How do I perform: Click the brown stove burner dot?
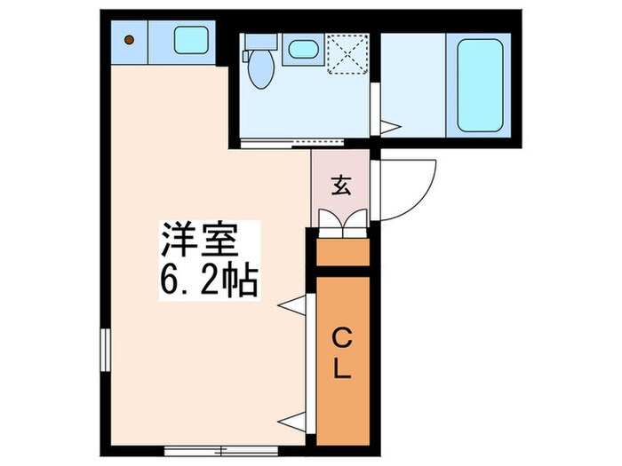pyautogui.click(x=129, y=38)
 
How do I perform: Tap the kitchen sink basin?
pyautogui.click(x=190, y=39)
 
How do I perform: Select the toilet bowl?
pyautogui.click(x=259, y=71)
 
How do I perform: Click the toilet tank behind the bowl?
pyautogui.click(x=259, y=43)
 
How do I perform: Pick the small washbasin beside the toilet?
pyautogui.click(x=303, y=49)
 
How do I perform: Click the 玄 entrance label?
pyautogui.click(x=340, y=186)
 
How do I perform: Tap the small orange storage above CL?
pyautogui.click(x=342, y=253)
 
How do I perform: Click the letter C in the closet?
pyautogui.click(x=341, y=336)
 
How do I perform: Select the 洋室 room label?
pyautogui.click(x=210, y=241)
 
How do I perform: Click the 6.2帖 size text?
pyautogui.click(x=210, y=282)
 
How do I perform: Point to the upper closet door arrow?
pyautogui.click(x=291, y=306)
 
